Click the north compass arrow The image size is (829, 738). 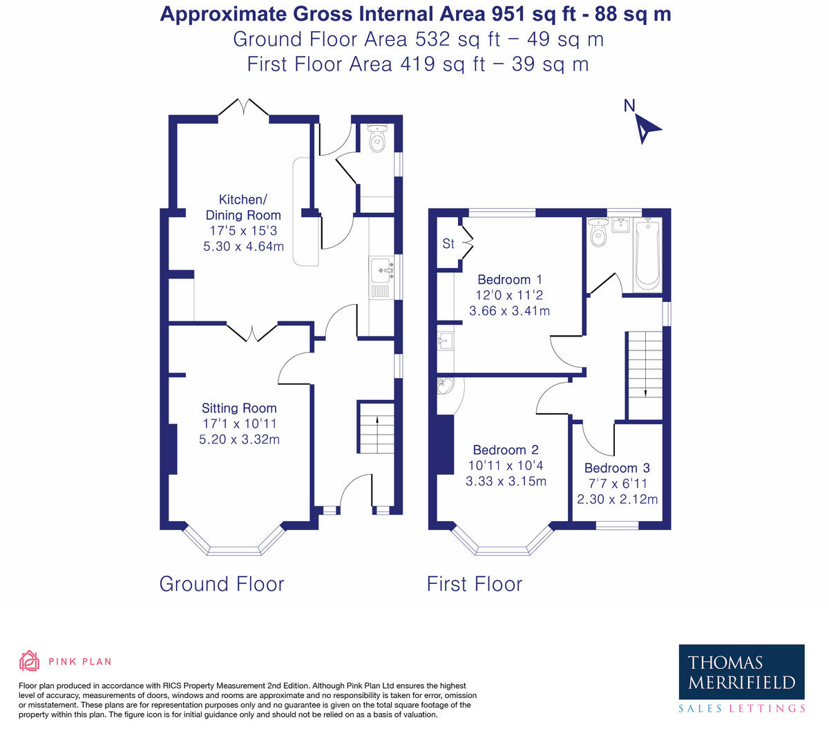pos(647,129)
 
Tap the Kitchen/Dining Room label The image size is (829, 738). pos(243,207)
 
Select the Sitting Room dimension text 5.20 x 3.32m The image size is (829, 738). pos(239,439)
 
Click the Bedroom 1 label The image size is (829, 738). pos(509,280)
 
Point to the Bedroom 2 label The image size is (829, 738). pos(506,450)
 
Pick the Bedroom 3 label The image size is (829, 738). pos(617,469)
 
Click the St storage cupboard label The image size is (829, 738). pos(448,243)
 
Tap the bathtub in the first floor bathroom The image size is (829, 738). pos(647,254)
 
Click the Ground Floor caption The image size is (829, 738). pos(222,584)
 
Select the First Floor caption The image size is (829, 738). pos(475,584)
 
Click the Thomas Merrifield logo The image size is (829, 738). pos(741,673)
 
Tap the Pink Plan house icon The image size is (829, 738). pos(30,661)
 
